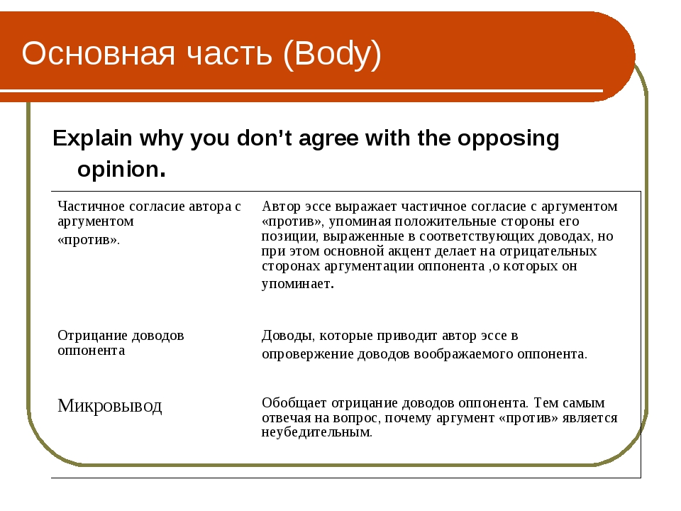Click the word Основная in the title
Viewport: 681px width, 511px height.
coord(98,53)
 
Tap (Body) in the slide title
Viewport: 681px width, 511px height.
coord(332,55)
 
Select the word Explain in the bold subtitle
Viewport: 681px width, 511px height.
coord(92,138)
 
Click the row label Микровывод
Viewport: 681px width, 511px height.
coord(109,406)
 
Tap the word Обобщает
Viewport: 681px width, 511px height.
coord(294,403)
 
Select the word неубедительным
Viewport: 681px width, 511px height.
coord(316,432)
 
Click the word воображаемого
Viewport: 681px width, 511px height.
coord(463,354)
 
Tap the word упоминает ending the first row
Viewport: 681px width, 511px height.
coord(297,284)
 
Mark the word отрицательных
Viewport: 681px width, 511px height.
coord(548,251)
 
